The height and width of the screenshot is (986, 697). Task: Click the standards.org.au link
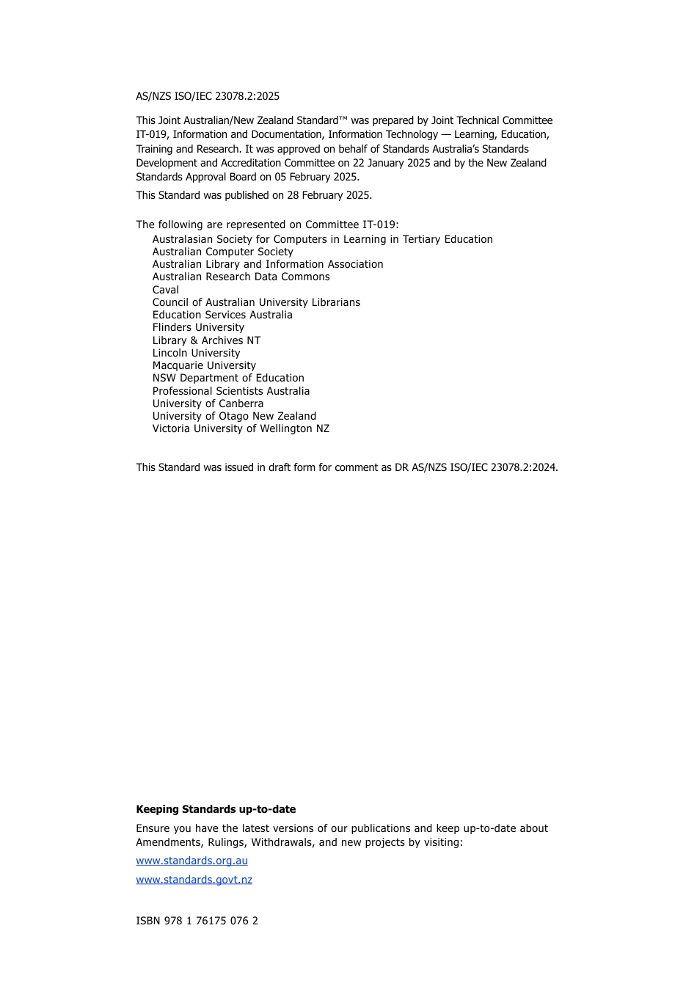pos(191,861)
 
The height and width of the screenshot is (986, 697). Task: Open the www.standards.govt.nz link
pos(194,880)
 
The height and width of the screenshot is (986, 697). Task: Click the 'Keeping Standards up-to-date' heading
pos(216,809)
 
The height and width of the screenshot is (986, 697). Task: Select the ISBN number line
pos(197,921)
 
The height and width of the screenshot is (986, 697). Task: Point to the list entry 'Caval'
pos(165,290)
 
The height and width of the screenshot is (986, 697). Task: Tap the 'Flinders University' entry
pos(198,327)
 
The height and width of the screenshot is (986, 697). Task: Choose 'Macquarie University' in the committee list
pos(204,365)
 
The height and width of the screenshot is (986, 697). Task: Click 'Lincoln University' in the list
pos(196,353)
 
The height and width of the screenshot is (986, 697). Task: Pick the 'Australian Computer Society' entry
pos(222,252)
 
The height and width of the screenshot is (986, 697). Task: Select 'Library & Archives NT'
pos(206,340)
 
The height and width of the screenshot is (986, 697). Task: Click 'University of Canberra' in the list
pos(208,403)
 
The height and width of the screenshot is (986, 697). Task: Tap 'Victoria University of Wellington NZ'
pos(241,428)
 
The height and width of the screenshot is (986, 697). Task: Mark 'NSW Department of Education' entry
pos(228,378)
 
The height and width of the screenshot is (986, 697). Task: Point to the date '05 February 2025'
pos(316,177)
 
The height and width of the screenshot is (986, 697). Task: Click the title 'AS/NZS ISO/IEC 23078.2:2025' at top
pos(208,96)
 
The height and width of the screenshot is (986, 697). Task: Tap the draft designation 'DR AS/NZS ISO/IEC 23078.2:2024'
pos(475,467)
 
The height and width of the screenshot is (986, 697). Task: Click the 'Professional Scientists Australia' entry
pos(231,391)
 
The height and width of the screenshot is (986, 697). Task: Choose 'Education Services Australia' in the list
pos(222,315)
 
